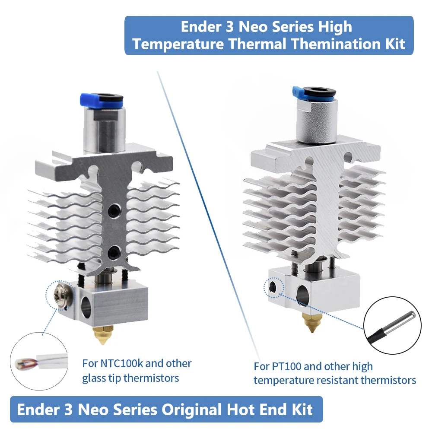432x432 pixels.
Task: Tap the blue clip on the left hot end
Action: pyautogui.click(x=89, y=99)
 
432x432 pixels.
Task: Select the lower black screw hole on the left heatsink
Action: pyautogui.click(x=114, y=251)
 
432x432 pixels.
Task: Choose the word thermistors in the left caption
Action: pyautogui.click(x=151, y=378)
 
